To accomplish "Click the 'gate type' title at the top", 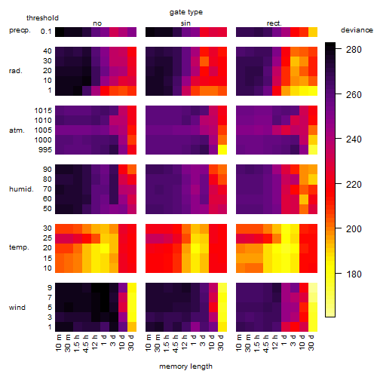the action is (x=186, y=12).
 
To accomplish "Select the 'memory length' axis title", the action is (x=185, y=366).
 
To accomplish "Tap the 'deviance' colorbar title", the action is (x=357, y=30).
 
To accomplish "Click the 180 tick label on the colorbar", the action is (x=354, y=274).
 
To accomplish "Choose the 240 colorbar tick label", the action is (x=354, y=139).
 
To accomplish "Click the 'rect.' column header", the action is (x=274, y=23).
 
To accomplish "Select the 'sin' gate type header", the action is (x=185, y=23).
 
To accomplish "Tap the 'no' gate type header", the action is (x=97, y=23).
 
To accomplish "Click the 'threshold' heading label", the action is (x=42, y=18).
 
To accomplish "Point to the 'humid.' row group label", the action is (x=21, y=189).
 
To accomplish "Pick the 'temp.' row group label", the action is (x=19, y=247).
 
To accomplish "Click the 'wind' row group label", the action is (x=17, y=308).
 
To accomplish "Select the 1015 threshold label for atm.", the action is (x=43, y=111).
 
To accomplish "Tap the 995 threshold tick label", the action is (x=45, y=150).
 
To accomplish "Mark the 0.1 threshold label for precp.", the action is (x=46, y=32).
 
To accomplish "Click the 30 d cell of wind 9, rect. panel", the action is (x=313, y=288).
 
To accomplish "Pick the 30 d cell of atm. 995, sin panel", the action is (x=222, y=150).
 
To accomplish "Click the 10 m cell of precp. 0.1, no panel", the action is (x=60, y=32).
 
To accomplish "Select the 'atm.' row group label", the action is (x=17, y=130).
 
